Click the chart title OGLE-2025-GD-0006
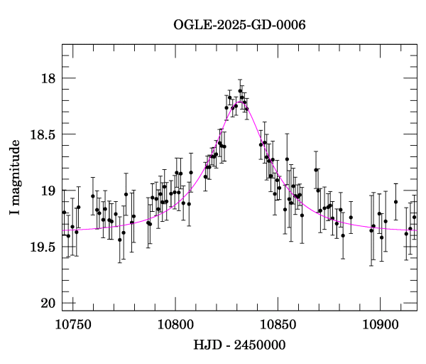point(239,26)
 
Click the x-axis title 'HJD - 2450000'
point(239,346)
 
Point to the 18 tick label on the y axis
point(50,78)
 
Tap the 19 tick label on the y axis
point(50,191)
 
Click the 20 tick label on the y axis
point(50,304)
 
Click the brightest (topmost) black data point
point(241,91)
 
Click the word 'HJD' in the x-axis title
point(206,346)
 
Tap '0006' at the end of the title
point(292,26)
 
